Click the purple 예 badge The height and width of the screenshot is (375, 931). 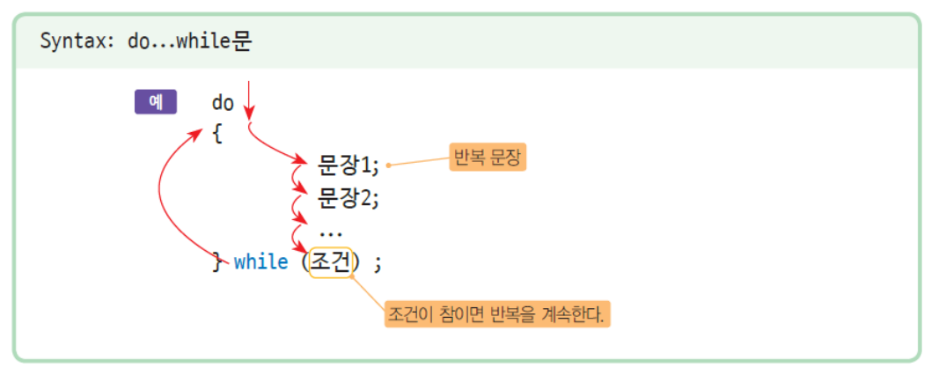(x=156, y=101)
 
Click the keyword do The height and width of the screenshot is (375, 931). (x=223, y=103)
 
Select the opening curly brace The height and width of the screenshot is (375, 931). (x=217, y=135)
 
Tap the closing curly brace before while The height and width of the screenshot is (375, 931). (x=217, y=261)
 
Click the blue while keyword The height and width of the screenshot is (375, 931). (x=261, y=261)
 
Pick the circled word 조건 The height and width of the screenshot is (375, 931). (x=331, y=262)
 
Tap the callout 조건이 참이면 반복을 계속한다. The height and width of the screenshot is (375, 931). (x=497, y=313)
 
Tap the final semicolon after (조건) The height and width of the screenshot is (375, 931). (x=378, y=263)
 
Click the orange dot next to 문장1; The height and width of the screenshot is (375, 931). (x=388, y=165)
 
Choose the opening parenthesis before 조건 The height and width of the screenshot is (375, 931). (x=304, y=262)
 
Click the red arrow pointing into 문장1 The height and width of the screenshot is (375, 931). (x=272, y=149)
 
